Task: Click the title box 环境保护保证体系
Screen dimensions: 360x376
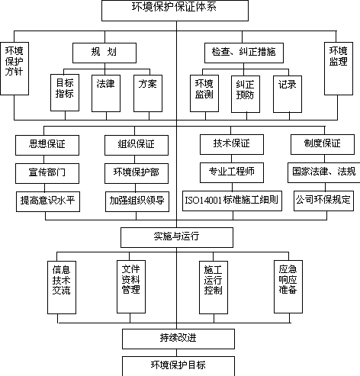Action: [x=175, y=11]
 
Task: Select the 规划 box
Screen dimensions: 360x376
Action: [x=104, y=53]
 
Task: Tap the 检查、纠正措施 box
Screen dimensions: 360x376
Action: [x=244, y=53]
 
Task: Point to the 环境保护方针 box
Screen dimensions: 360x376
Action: [x=14, y=69]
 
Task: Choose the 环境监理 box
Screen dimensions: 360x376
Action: [x=339, y=69]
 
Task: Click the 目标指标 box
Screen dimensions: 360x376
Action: [x=65, y=92]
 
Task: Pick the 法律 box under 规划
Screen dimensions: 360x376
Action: [x=106, y=93]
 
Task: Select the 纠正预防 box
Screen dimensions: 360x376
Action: [x=246, y=94]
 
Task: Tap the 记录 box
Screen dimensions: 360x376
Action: [x=288, y=94]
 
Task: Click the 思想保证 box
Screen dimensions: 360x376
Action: [x=47, y=145]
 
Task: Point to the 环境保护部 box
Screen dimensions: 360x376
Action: [x=137, y=173]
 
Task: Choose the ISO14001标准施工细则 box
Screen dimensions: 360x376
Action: [x=232, y=201]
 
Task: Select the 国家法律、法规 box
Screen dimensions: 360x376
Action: [x=324, y=172]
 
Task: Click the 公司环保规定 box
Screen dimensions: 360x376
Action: [x=323, y=201]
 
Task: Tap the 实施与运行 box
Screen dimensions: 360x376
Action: [x=177, y=237]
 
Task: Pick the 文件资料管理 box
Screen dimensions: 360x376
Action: [x=131, y=287]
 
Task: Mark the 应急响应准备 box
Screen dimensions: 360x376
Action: [x=288, y=287]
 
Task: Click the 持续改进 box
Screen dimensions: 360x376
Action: [x=178, y=339]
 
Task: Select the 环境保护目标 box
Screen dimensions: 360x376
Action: [x=178, y=366]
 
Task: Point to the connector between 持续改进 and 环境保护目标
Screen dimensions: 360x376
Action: [x=177, y=352]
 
